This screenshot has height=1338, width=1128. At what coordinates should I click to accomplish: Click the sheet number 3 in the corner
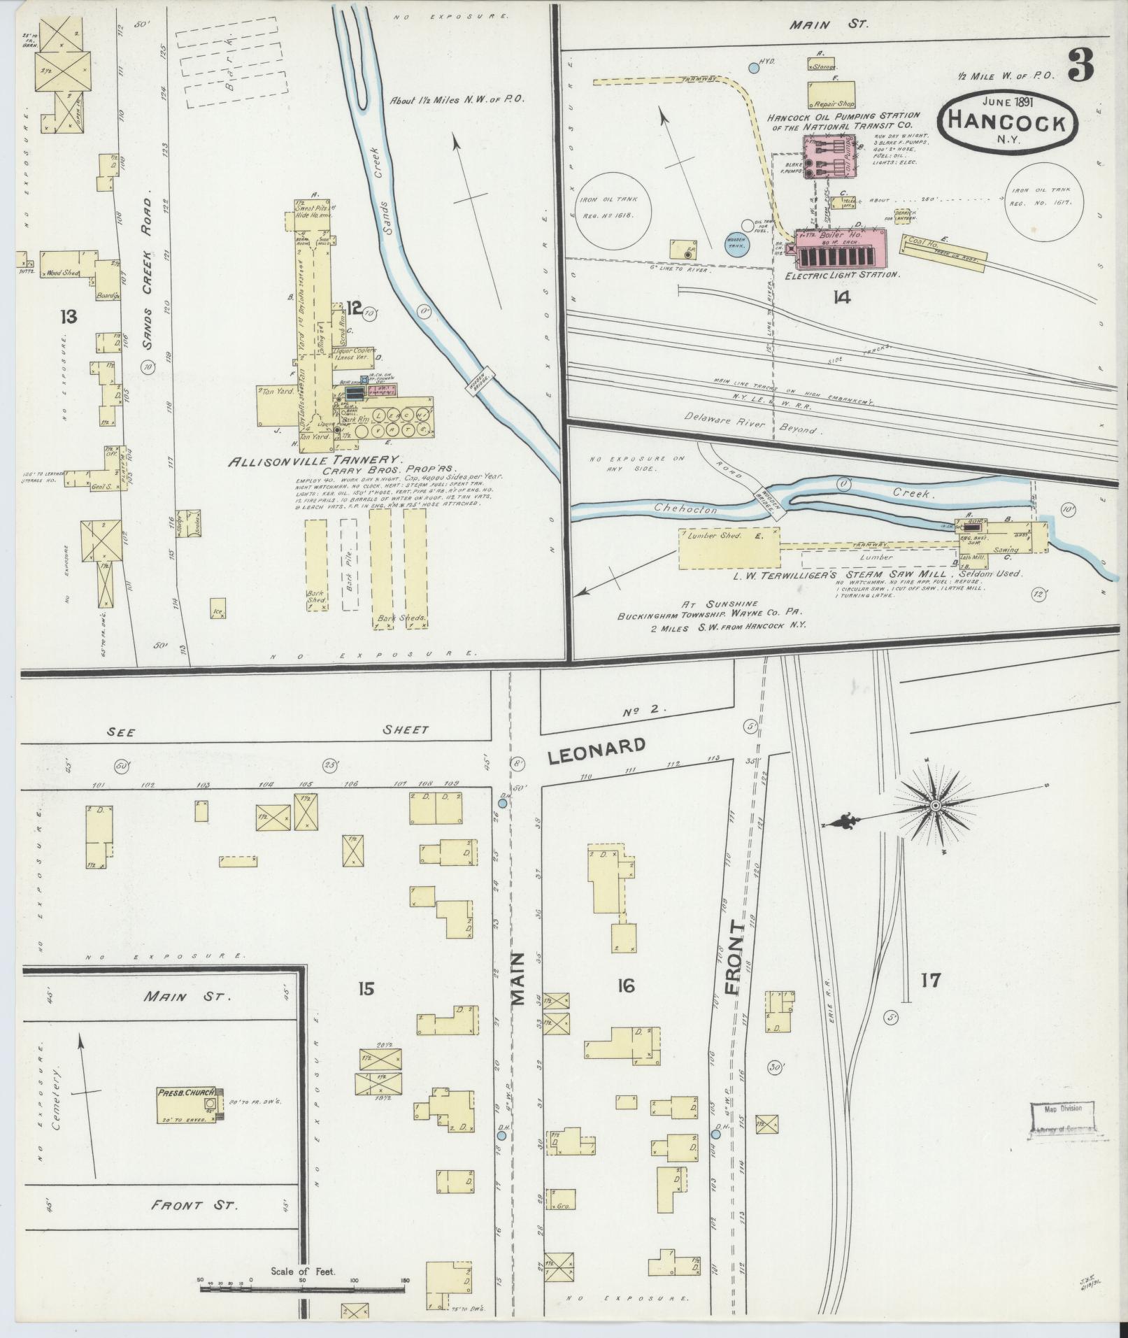(1081, 67)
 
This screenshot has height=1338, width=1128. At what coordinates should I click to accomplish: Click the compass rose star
(935, 806)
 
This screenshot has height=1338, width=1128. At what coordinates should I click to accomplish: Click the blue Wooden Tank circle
(736, 245)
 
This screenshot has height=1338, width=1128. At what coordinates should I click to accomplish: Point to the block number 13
(68, 318)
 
